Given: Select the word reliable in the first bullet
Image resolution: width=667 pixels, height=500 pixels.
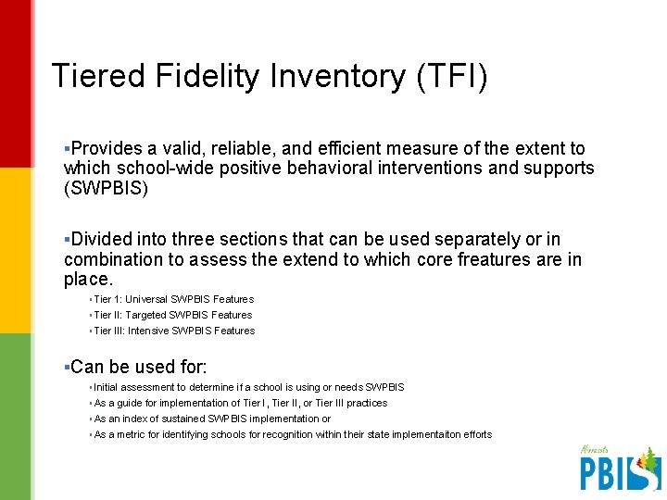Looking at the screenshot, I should click(233, 148).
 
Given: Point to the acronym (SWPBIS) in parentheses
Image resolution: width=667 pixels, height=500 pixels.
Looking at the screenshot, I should click(106, 188).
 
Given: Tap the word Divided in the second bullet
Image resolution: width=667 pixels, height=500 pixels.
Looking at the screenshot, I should click(102, 240).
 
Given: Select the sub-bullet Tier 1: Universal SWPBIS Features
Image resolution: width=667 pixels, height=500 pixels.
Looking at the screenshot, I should click(173, 299).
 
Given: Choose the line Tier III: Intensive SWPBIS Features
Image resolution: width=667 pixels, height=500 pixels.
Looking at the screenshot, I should click(174, 331).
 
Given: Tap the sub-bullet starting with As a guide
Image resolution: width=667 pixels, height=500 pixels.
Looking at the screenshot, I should click(240, 403).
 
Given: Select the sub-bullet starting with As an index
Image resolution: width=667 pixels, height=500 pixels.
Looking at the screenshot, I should click(212, 419).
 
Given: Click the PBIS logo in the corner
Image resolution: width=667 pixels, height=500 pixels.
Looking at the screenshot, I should click(620, 468).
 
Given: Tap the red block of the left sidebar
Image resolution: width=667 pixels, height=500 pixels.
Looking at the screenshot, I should click(15, 83).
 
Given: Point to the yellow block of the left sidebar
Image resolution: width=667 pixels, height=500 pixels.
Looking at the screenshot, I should click(15, 250).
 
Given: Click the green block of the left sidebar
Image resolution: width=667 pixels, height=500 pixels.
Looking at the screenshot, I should click(15, 417).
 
